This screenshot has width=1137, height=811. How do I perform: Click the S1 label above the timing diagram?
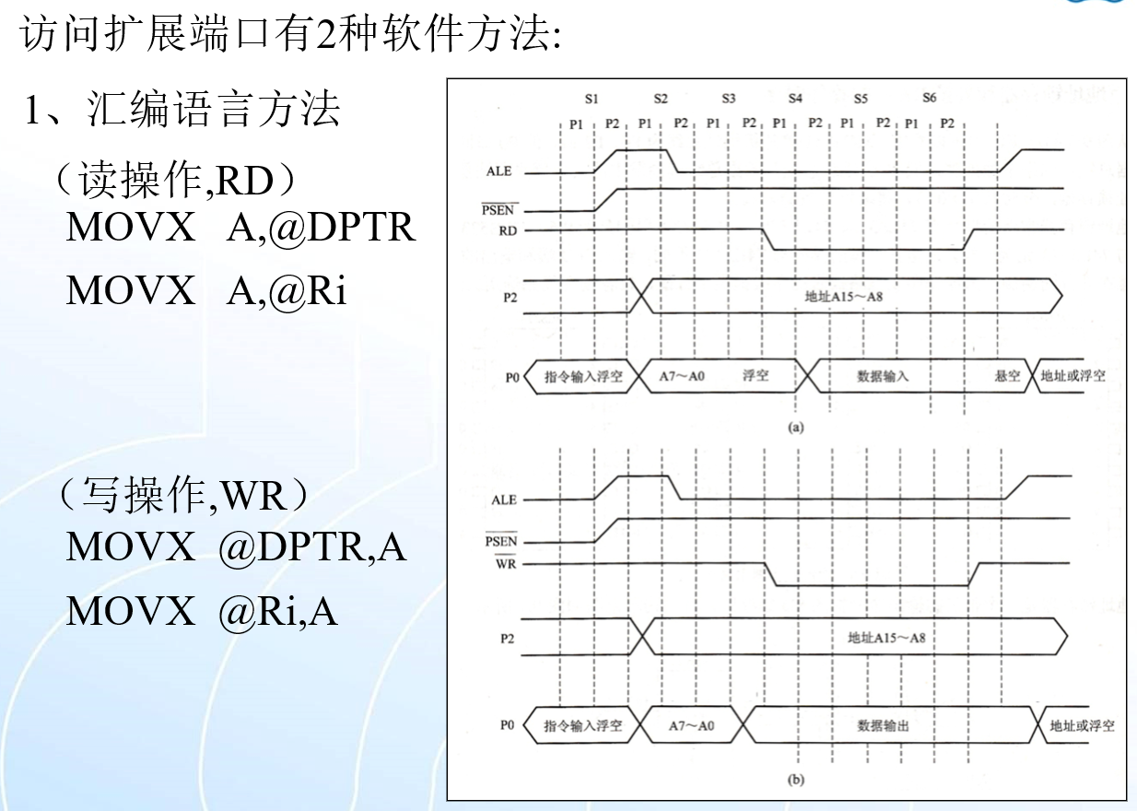592,99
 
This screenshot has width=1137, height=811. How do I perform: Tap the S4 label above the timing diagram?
795,99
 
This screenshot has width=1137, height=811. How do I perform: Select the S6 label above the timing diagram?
930,99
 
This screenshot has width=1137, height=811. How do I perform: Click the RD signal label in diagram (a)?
508,231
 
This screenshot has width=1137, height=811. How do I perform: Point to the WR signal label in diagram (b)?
507,563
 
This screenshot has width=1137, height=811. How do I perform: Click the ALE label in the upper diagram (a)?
500,171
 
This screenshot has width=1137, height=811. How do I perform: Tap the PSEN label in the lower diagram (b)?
501,542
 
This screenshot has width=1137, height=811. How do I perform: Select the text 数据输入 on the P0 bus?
883,376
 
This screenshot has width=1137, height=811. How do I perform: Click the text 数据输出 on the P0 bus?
884,725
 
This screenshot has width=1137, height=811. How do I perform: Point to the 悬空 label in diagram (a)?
1007,376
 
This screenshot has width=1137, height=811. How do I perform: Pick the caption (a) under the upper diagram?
796,427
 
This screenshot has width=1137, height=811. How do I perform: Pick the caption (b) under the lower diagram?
796,780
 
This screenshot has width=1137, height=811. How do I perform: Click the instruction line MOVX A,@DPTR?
240,228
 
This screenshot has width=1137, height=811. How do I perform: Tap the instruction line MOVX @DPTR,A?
236,547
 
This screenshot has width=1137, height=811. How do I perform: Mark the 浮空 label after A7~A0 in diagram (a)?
756,376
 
